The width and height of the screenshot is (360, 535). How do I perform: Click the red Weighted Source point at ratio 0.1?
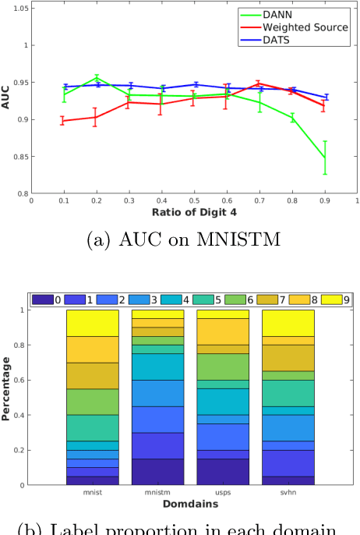[64, 121]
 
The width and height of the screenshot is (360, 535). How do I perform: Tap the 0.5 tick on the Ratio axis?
[195, 200]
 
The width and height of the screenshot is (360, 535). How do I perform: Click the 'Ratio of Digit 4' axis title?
[195, 213]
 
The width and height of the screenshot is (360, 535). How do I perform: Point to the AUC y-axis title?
[6, 101]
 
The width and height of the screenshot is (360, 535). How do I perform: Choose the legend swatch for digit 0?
[44, 299]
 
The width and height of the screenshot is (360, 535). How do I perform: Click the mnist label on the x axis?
[92, 494]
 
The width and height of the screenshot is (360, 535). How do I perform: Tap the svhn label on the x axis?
[288, 494]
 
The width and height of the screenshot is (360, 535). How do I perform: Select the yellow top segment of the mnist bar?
[92, 323]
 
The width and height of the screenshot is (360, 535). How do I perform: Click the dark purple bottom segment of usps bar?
[222, 471]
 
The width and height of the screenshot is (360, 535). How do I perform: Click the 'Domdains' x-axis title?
[191, 505]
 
